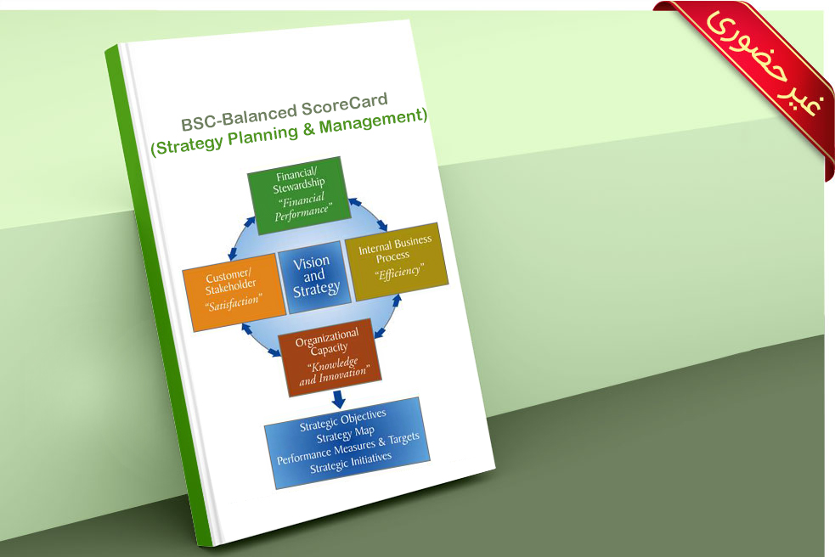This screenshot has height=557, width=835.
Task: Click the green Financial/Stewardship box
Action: [x=299, y=195]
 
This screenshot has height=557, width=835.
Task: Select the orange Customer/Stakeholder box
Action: [x=234, y=292]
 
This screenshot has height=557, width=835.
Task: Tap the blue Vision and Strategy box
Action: [x=315, y=276]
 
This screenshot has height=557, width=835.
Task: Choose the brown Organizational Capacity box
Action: [x=330, y=357]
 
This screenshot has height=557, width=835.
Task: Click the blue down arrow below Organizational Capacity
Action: [x=338, y=399]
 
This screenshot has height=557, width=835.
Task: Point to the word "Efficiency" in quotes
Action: [x=399, y=273]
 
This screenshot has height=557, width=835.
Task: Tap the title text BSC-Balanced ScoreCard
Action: [x=285, y=113]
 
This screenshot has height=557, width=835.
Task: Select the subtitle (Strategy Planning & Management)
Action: [x=289, y=132]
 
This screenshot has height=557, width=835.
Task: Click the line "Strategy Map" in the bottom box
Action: [x=345, y=435]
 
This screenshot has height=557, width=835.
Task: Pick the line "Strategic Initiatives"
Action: [x=351, y=462]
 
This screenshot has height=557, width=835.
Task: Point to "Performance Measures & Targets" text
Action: [x=347, y=448]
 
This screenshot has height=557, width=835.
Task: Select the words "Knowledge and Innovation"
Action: [x=333, y=370]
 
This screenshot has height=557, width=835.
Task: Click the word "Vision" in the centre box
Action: [x=311, y=262]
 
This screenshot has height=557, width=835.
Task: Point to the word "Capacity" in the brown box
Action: [x=329, y=349]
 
